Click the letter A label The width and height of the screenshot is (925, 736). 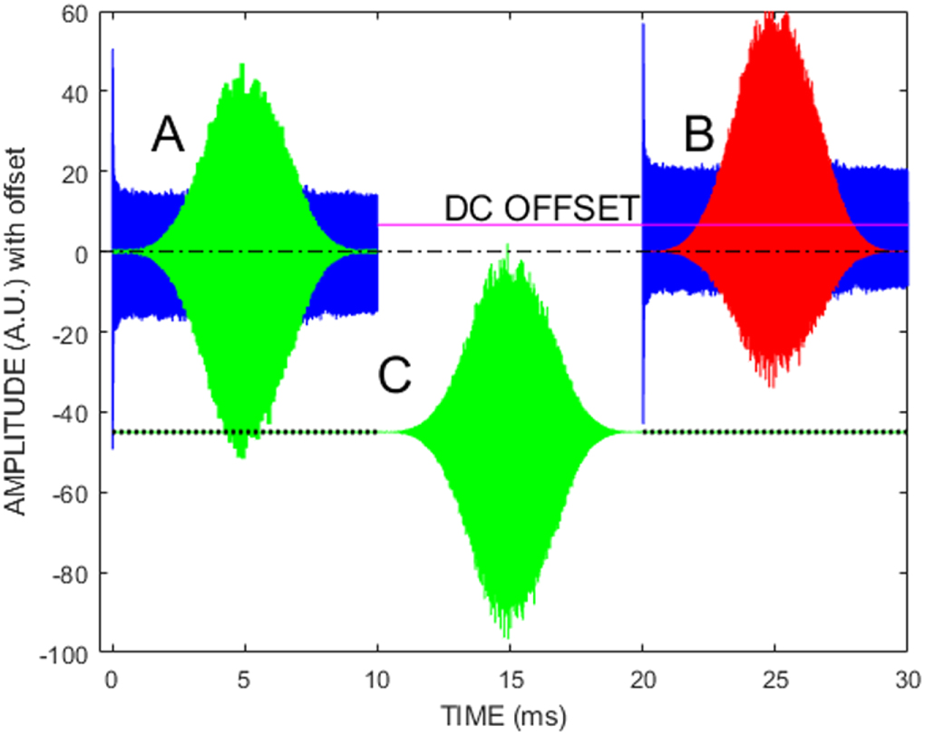click(168, 137)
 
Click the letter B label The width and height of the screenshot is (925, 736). click(699, 137)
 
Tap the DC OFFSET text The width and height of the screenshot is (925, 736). click(542, 208)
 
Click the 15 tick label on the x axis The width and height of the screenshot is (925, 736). click(509, 678)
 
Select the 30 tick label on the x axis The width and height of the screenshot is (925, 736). click(908, 678)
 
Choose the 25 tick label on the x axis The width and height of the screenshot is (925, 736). click(775, 678)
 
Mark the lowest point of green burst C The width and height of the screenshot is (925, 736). click(508, 637)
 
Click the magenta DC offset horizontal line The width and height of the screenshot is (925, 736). click(508, 224)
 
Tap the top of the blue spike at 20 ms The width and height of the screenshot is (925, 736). click(643, 25)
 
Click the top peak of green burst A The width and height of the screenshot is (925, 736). click(242, 65)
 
